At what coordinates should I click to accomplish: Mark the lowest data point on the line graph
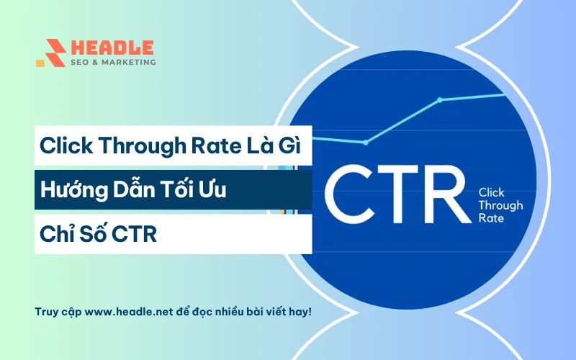tap(365, 143)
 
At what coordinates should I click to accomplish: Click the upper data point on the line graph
tap(439, 99)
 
